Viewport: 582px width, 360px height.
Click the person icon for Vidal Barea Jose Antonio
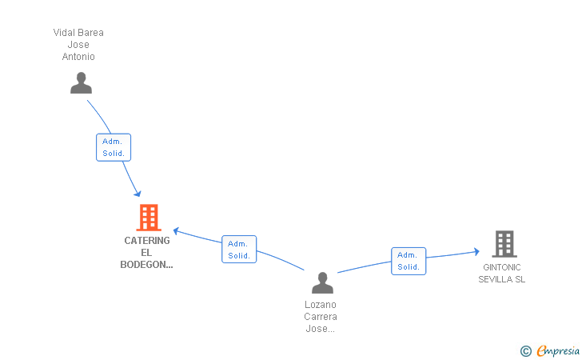point(81,83)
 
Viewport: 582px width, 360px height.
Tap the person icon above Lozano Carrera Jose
point(322,282)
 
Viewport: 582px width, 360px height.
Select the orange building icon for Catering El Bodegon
point(148,217)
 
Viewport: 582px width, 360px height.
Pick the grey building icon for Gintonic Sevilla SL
point(504,243)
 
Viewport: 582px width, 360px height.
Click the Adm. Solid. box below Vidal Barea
point(114,146)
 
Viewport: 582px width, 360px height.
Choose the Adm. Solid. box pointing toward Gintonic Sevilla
point(409,261)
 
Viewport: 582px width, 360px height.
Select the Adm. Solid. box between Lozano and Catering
point(239,249)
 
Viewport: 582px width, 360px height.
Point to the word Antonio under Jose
point(78,57)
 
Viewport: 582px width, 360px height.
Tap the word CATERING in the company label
point(147,240)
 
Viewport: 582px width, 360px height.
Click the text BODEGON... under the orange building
point(146,265)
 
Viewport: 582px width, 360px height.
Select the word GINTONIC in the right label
point(502,267)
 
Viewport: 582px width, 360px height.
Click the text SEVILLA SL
point(502,279)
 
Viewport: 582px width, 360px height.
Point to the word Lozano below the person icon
point(321,305)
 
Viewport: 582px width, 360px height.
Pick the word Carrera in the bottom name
point(321,317)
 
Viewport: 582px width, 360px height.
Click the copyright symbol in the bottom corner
point(525,350)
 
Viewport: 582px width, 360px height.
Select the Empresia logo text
point(558,350)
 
